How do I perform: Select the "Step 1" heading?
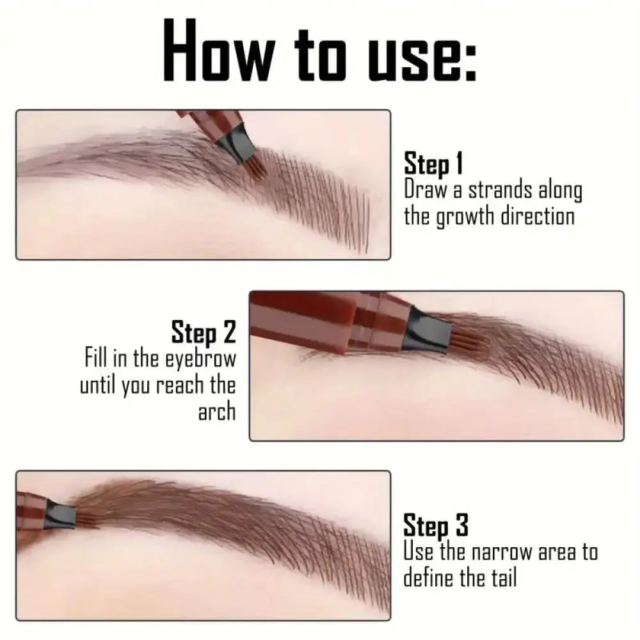pos(433,164)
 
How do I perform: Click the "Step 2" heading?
pos(204,333)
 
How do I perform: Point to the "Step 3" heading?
pos(436,527)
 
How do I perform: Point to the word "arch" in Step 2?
pos(217,410)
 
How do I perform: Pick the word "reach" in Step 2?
pos(172,385)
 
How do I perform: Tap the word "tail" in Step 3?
pos(501,578)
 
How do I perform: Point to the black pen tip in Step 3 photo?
pos(64,508)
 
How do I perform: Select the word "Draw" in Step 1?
pos(424,191)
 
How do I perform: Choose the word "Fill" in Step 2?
pos(97,359)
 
